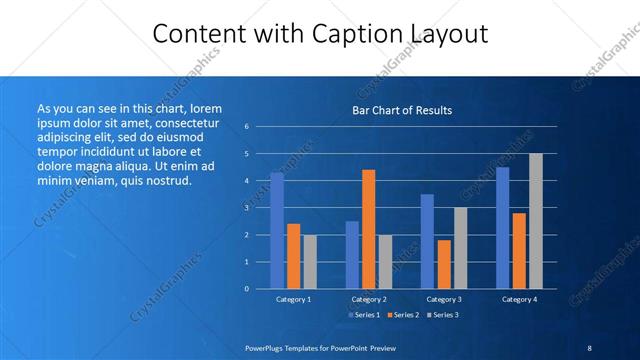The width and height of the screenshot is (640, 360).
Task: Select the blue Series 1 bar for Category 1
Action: [x=277, y=230]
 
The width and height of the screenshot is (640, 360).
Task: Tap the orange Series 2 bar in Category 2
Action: [x=368, y=229]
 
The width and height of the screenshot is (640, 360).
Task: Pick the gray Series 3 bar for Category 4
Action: [x=536, y=221]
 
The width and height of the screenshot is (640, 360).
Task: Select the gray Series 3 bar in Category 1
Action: [x=310, y=261]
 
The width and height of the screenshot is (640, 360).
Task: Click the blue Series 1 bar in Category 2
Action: [x=352, y=254]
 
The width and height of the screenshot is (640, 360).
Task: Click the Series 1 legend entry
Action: [x=363, y=316]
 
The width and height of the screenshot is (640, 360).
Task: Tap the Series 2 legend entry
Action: [x=403, y=316]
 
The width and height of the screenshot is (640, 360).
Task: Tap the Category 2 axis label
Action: [x=369, y=299]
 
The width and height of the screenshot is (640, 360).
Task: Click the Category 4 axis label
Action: [x=519, y=299]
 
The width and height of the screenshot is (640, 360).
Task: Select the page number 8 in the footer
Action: [x=589, y=347]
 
